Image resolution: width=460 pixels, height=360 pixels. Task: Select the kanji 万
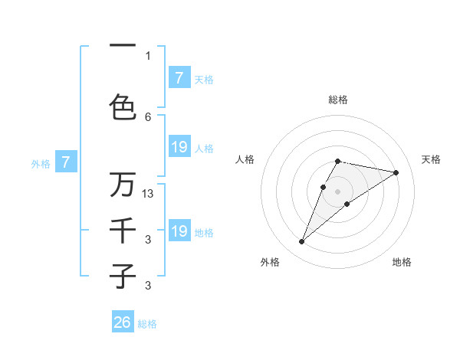(x=123, y=185)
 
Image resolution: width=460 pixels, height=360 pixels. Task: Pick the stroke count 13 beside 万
(x=149, y=194)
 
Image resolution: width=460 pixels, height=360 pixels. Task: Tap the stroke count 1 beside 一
(x=148, y=55)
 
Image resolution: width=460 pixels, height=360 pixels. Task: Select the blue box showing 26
(x=123, y=322)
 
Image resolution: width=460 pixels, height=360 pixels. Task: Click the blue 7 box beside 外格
(x=67, y=162)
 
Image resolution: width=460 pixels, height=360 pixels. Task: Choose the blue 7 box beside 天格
(x=179, y=78)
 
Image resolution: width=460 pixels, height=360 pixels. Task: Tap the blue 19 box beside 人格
(x=179, y=147)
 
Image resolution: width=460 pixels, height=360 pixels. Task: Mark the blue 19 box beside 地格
(x=179, y=231)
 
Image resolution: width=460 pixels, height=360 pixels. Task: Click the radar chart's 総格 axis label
(x=338, y=100)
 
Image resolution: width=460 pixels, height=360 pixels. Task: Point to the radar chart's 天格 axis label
(x=431, y=159)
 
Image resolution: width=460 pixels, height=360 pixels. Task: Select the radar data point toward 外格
(x=302, y=242)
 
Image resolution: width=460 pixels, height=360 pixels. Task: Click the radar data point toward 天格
(x=396, y=172)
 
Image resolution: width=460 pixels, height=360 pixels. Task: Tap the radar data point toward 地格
(x=347, y=204)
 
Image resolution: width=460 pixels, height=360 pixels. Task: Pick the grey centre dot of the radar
(x=338, y=191)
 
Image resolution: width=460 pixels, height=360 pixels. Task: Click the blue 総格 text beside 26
(x=147, y=324)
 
